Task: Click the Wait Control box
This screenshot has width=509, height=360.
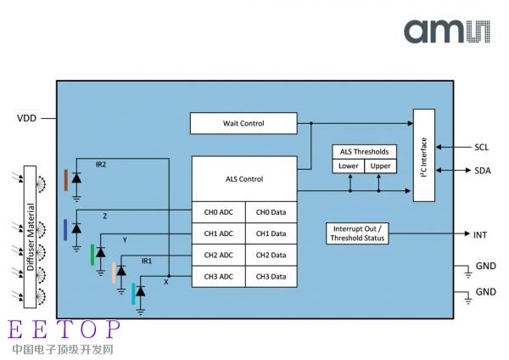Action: pos(243,123)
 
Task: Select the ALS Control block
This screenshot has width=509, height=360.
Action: pos(243,179)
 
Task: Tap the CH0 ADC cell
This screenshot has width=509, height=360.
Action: pos(218,212)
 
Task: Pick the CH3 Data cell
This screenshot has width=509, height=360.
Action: pos(271,276)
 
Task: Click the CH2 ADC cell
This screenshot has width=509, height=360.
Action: pos(218,255)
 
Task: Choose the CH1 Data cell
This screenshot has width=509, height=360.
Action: pos(271,233)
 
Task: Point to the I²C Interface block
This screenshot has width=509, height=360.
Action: pos(423,155)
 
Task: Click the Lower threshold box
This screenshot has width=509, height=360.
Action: pos(349,166)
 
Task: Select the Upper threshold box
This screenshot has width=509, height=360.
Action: pos(381,166)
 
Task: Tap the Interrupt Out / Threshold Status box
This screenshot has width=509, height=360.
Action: pos(357,233)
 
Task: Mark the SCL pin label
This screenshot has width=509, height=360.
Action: pos(481,147)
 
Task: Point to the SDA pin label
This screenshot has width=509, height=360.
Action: pos(481,172)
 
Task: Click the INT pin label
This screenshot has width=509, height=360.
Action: pos(481,233)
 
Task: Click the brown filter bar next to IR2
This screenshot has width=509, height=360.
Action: pos(65,179)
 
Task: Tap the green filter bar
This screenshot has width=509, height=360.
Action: pos(92,253)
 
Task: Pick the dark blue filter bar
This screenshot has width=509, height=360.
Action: pos(65,229)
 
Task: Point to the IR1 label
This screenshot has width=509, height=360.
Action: pos(147,261)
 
